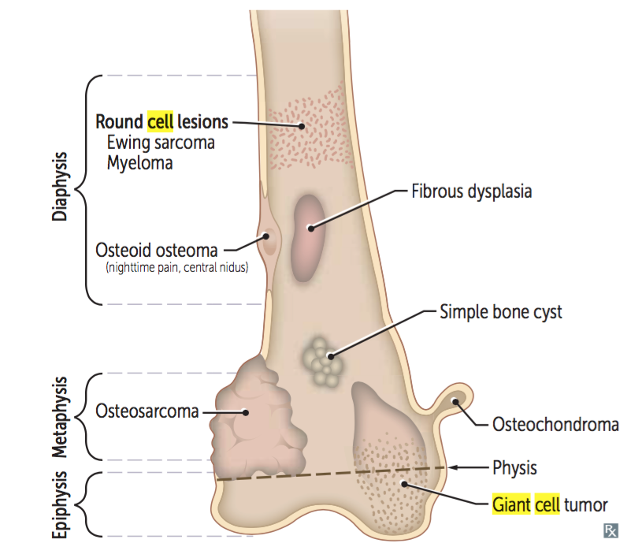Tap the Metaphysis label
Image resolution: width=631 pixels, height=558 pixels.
(x=61, y=416)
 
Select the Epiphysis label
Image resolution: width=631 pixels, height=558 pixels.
(x=61, y=505)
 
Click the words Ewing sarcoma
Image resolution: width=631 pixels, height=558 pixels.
(x=161, y=143)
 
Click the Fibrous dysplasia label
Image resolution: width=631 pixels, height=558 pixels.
(x=472, y=191)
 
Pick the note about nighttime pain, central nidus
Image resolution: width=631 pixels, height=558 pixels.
(x=176, y=269)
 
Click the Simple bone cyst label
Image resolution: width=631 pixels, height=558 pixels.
(x=500, y=312)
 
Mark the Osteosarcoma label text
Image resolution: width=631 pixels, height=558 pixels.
(x=147, y=411)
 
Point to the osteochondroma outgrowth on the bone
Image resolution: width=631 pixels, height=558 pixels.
(x=455, y=404)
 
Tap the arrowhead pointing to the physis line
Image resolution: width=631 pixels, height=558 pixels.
(x=458, y=467)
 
